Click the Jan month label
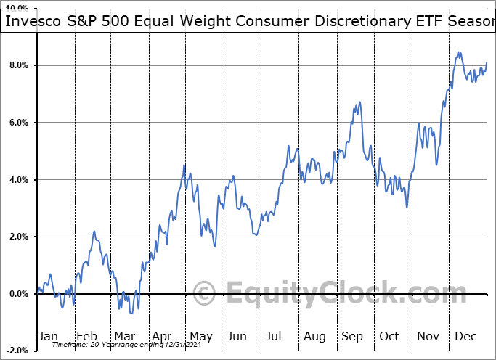[48, 336]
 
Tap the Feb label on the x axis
[87, 336]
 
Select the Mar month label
[123, 336]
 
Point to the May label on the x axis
[200, 336]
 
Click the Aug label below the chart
[315, 336]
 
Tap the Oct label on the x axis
[390, 336]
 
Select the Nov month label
[428, 336]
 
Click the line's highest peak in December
[458, 52]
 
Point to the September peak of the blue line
[359, 102]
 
